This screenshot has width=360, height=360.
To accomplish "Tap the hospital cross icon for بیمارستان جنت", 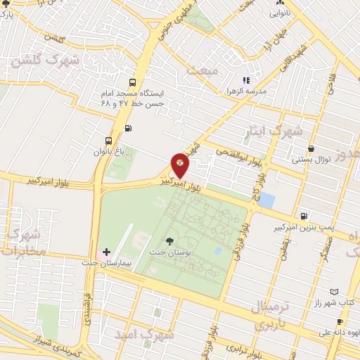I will (x=106, y=251).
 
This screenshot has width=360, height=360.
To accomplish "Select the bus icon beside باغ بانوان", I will (x=108, y=140).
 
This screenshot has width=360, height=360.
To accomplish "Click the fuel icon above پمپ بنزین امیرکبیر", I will (x=302, y=217).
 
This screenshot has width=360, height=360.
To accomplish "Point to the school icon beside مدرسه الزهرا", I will (x=245, y=82).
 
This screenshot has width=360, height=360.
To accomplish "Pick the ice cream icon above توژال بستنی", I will (x=311, y=148).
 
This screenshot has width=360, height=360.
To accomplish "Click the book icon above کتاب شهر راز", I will (x=333, y=291).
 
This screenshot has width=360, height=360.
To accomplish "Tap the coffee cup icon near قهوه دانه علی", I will (x=340, y=321).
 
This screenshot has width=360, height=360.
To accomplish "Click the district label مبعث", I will (x=204, y=71).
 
